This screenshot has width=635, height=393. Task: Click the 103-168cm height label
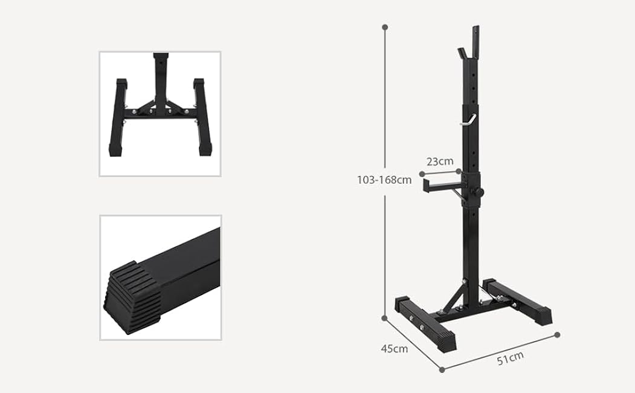[384, 180]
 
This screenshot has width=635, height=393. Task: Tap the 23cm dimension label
[440, 161]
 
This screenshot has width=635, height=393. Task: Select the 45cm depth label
[393, 348]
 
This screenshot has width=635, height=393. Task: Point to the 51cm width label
[510, 359]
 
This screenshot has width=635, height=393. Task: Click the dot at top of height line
[385, 27]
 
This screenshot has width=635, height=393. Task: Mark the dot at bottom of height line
[384, 317]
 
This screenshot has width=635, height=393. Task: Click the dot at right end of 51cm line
[557, 334]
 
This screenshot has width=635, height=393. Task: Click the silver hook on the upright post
[468, 120]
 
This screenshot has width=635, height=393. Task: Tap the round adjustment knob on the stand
[479, 192]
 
